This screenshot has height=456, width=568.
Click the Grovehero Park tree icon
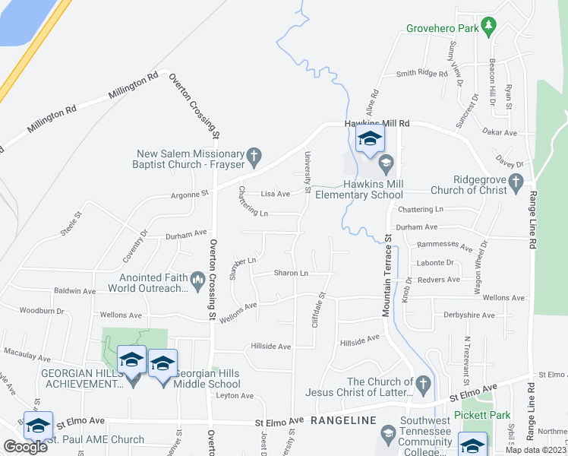[x=491, y=27]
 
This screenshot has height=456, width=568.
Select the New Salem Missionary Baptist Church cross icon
[x=254, y=158]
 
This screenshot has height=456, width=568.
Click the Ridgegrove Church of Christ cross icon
[x=516, y=182]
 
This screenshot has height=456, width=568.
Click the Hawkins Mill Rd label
[x=377, y=123]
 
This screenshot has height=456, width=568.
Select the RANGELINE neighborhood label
[x=343, y=420]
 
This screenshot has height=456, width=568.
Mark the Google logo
[x=24, y=447]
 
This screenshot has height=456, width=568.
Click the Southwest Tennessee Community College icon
[x=388, y=434]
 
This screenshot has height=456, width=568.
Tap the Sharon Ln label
[x=291, y=273]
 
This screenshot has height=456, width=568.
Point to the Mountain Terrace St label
[x=387, y=276]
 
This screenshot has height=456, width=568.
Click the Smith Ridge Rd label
[x=422, y=74]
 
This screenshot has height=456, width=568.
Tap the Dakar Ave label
[x=500, y=132]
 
